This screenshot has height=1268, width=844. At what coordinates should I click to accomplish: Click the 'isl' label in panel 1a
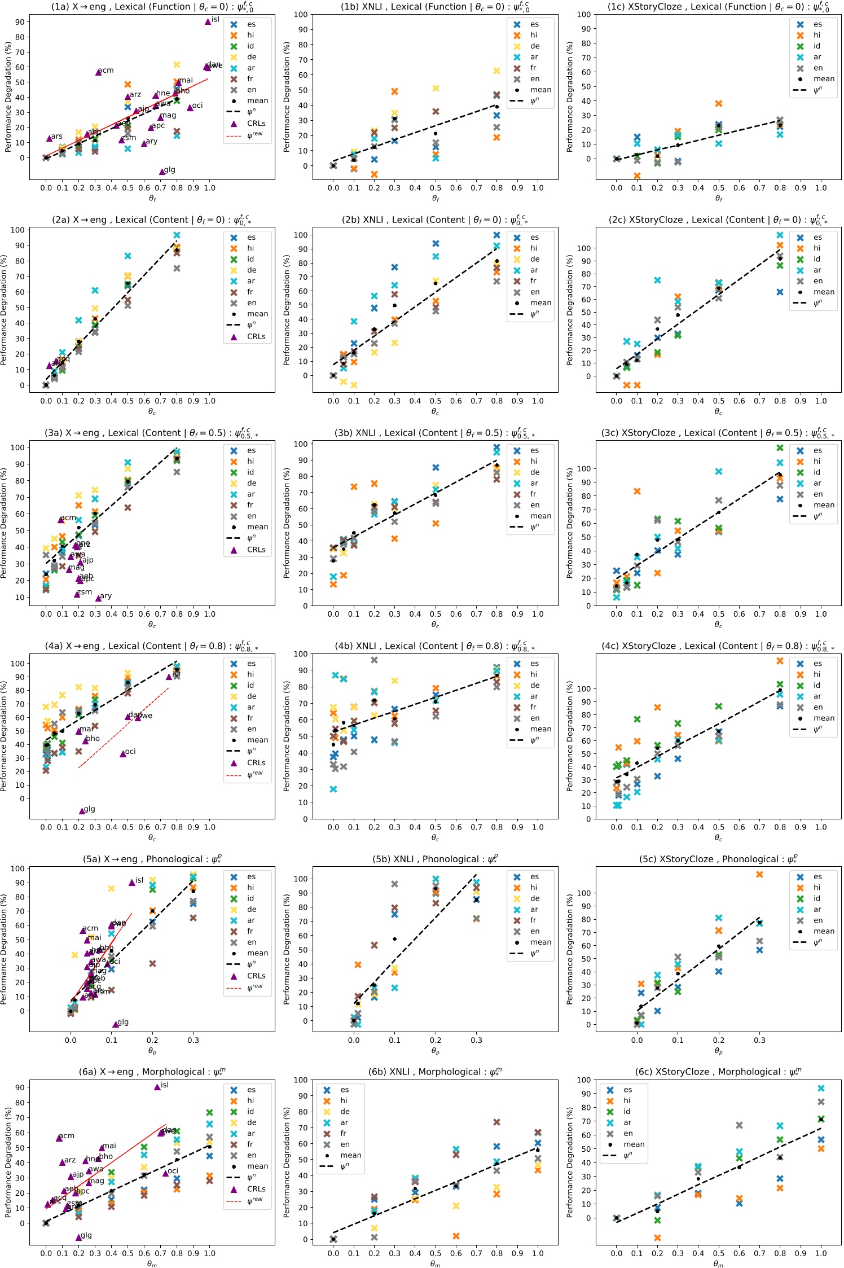tap(216, 20)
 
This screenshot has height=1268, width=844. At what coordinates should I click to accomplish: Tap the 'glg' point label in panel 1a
tap(170, 170)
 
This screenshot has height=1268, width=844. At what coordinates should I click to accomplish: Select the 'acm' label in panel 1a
tap(106, 71)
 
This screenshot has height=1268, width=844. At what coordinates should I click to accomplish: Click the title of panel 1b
tap(435, 7)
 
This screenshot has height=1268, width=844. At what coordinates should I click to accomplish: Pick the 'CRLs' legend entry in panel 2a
tap(256, 336)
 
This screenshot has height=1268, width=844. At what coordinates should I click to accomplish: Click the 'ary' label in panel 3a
tap(105, 596)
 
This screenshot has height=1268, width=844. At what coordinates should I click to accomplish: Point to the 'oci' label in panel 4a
tap(130, 752)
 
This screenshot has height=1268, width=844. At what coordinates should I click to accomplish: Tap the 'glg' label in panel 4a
tap(89, 809)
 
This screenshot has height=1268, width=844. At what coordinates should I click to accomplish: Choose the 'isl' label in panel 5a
tap(139, 880)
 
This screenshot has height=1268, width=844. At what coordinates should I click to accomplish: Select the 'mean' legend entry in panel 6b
tap(351, 1155)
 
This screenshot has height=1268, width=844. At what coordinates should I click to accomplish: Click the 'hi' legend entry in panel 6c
tap(627, 1100)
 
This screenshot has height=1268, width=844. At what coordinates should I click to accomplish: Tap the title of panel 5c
tap(718, 859)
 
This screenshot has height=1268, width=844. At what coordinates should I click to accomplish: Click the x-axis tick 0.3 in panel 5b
tap(477, 1040)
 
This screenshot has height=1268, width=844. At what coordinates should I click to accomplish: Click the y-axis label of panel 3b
tap(286, 523)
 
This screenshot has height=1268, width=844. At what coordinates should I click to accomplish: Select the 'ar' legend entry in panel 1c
tap(817, 57)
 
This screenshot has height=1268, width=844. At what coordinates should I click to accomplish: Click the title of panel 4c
tap(718, 646)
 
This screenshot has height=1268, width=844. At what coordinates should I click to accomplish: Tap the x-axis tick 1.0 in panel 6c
tap(821, 1253)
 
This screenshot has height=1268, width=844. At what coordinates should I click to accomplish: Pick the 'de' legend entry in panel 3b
tap(535, 472)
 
